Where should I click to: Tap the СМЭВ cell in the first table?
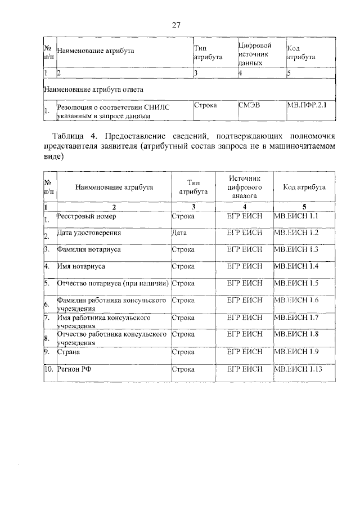pos(250,105)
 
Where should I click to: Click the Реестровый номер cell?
pos(85,216)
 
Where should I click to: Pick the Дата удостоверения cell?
pos(89,232)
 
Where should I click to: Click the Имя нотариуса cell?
pos(82,266)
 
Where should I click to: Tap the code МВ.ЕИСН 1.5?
pos(295,283)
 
